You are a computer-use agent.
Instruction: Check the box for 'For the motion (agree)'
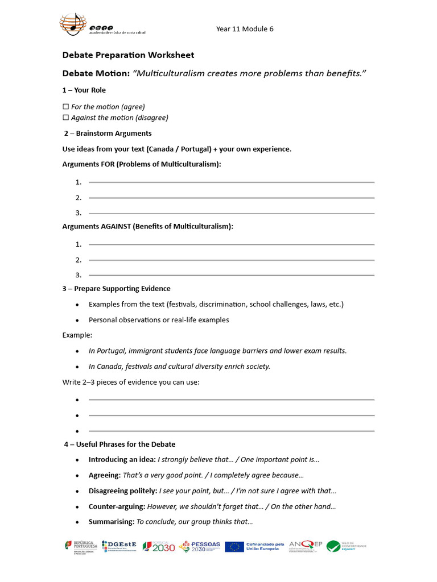coord(65,107)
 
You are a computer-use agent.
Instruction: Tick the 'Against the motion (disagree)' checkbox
coord(65,118)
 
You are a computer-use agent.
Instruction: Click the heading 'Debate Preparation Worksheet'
coord(128,55)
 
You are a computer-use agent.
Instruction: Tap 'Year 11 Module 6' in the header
coord(245,29)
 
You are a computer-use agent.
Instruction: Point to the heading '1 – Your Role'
coord(84,90)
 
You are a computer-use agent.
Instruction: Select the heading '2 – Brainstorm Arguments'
coord(108,134)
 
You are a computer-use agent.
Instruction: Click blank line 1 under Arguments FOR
coord(231,182)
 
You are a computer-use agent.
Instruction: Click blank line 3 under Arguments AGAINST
coord(231,275)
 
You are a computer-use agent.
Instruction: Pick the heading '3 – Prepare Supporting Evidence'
coord(117,289)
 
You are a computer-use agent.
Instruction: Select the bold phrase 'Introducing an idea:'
coord(122,459)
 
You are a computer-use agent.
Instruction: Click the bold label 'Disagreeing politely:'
coord(123,490)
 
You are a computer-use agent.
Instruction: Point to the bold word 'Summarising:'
coord(111,522)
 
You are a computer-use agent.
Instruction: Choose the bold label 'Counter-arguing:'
coord(117,506)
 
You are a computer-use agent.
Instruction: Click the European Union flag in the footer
coord(234,547)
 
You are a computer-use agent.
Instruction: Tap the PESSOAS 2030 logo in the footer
coord(200,547)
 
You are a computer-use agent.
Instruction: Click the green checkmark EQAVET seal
coord(333,547)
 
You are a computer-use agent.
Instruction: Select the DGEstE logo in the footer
coord(120,547)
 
